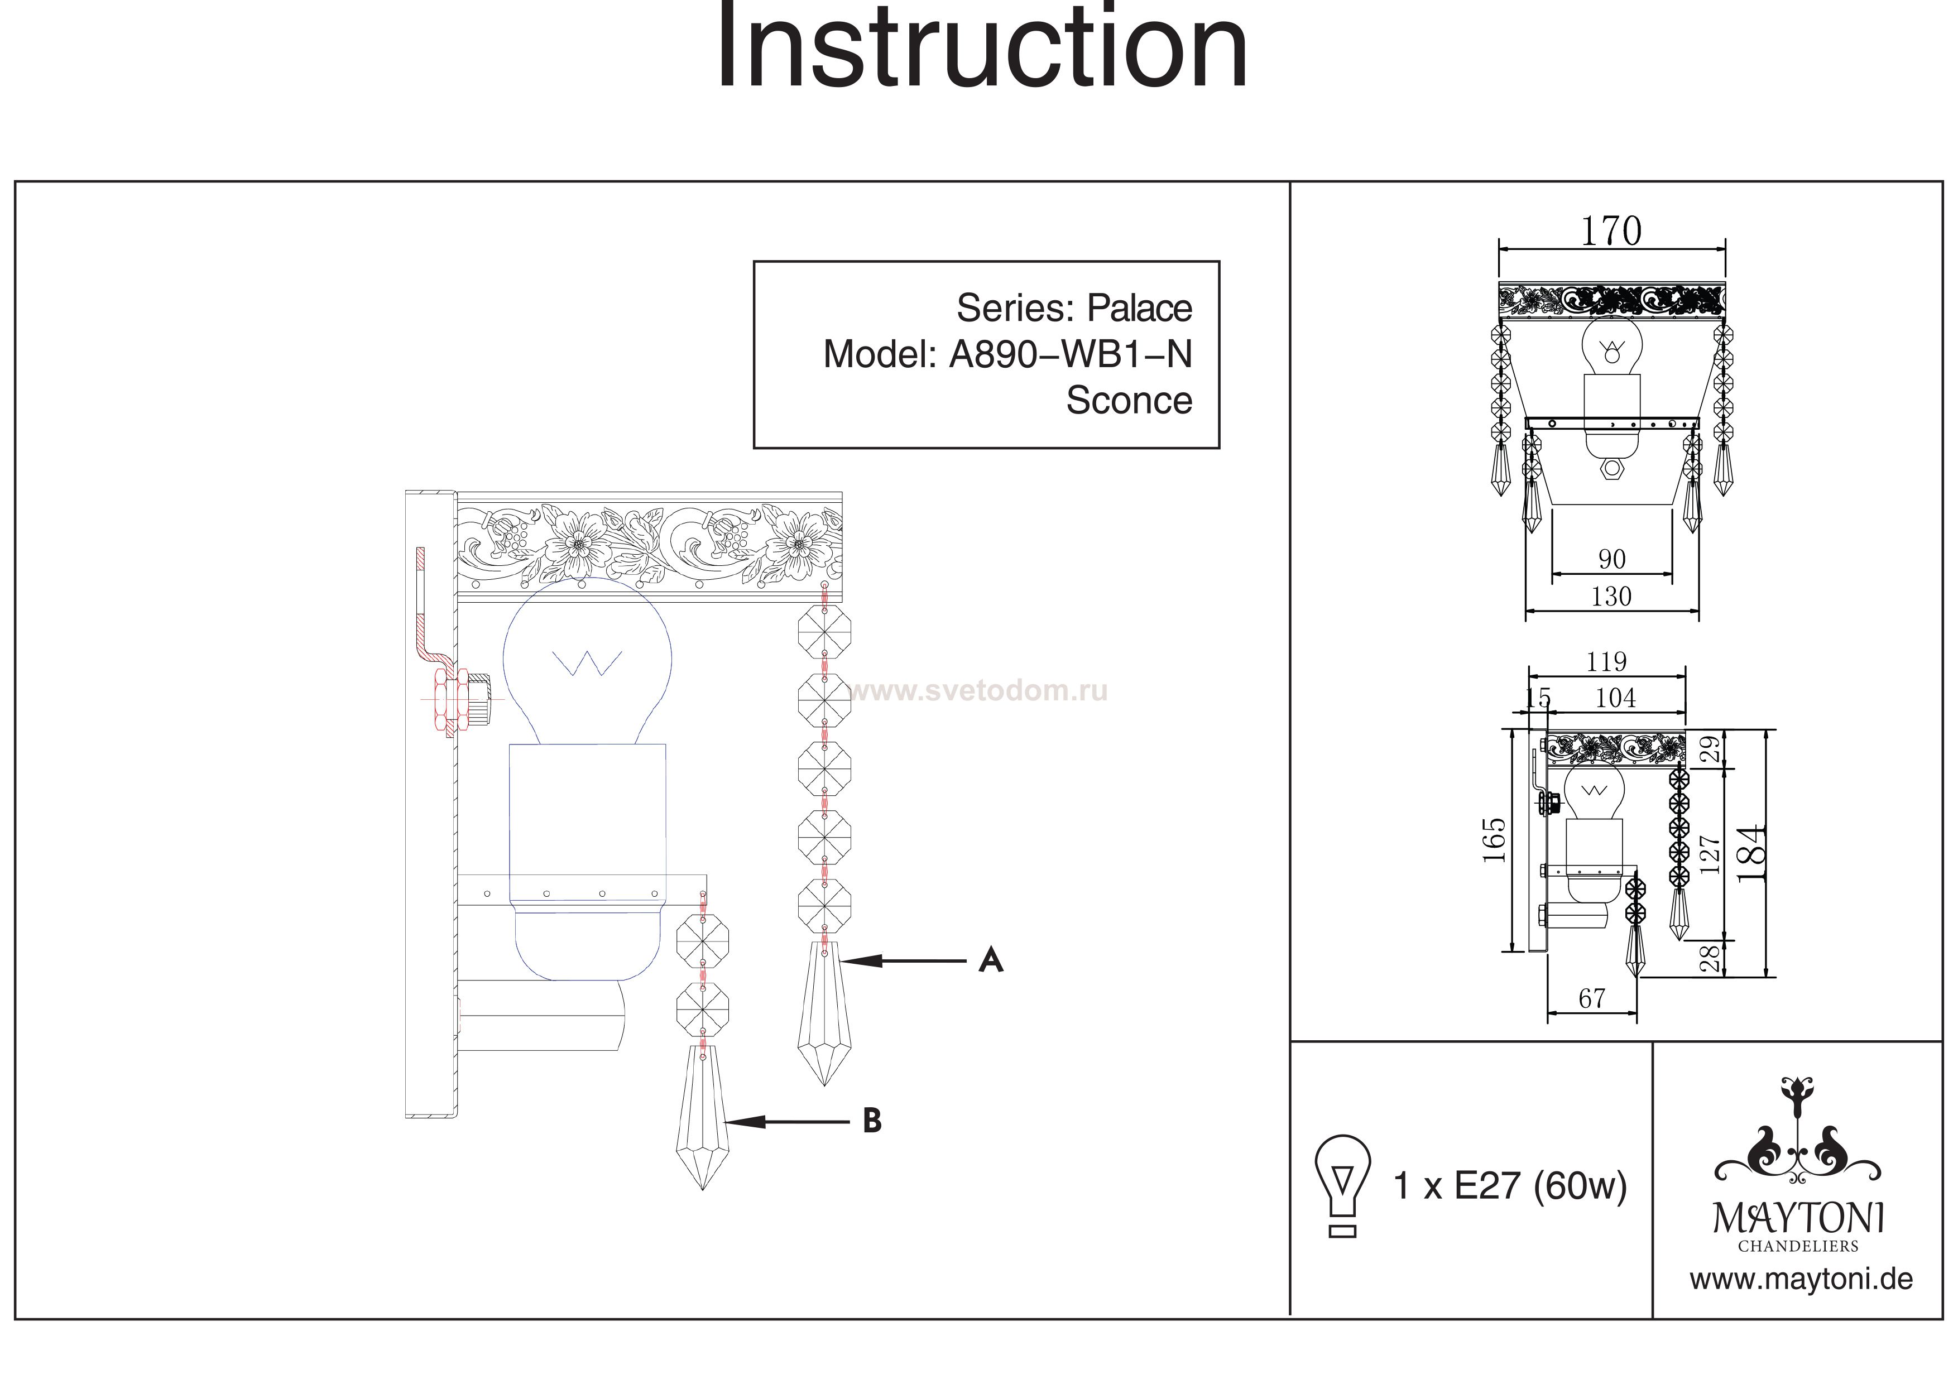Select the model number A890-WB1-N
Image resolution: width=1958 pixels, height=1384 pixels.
coord(1070,354)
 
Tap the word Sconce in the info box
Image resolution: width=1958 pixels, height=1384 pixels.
coord(1128,400)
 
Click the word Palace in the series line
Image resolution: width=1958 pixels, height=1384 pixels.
coord(1139,308)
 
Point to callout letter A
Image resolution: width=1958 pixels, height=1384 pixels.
coord(990,960)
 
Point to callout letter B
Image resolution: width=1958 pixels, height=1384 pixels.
coord(871,1121)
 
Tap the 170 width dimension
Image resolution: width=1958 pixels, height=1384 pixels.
coord(1610,231)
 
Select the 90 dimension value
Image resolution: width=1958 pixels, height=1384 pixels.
coord(1611,559)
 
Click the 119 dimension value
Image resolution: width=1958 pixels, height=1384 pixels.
coord(1606,662)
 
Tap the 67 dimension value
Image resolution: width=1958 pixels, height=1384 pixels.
coord(1591,998)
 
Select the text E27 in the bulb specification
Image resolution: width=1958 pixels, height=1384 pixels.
coord(1487,1186)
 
